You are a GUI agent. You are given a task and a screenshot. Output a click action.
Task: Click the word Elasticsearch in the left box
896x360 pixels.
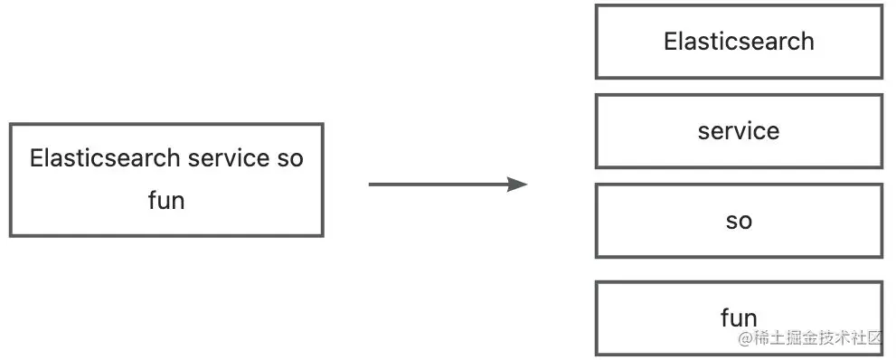click(105, 158)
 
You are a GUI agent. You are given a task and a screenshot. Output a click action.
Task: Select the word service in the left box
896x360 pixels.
click(228, 158)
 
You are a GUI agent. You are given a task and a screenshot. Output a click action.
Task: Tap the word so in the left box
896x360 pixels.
click(289, 158)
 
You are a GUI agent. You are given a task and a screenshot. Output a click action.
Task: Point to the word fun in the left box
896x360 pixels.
click(166, 200)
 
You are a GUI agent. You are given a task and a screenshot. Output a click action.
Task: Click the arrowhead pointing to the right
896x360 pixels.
click(517, 185)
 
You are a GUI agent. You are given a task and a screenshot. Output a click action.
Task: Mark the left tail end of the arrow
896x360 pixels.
click(371, 185)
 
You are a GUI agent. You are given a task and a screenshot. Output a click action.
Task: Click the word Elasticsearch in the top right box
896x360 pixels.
click(739, 42)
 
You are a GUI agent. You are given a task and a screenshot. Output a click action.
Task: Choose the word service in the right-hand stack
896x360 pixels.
click(739, 131)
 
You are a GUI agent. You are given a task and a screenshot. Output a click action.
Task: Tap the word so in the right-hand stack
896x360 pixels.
click(739, 222)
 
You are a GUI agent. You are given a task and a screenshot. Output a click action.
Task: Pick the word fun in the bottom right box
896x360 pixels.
click(739, 317)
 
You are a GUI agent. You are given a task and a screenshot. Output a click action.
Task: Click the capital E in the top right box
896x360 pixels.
click(670, 42)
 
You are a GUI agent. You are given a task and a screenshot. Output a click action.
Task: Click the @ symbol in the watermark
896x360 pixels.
click(745, 339)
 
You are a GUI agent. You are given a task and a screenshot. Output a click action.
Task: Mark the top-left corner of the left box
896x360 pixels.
click(11, 125)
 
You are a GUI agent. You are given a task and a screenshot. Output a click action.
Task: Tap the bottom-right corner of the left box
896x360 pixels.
click(322, 235)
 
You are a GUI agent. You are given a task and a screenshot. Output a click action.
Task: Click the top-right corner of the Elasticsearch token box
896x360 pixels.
click(882, 6)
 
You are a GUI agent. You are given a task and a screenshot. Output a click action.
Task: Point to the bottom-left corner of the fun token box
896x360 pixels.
click(597, 354)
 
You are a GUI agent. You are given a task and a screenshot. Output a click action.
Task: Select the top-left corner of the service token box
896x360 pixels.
click(597, 96)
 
